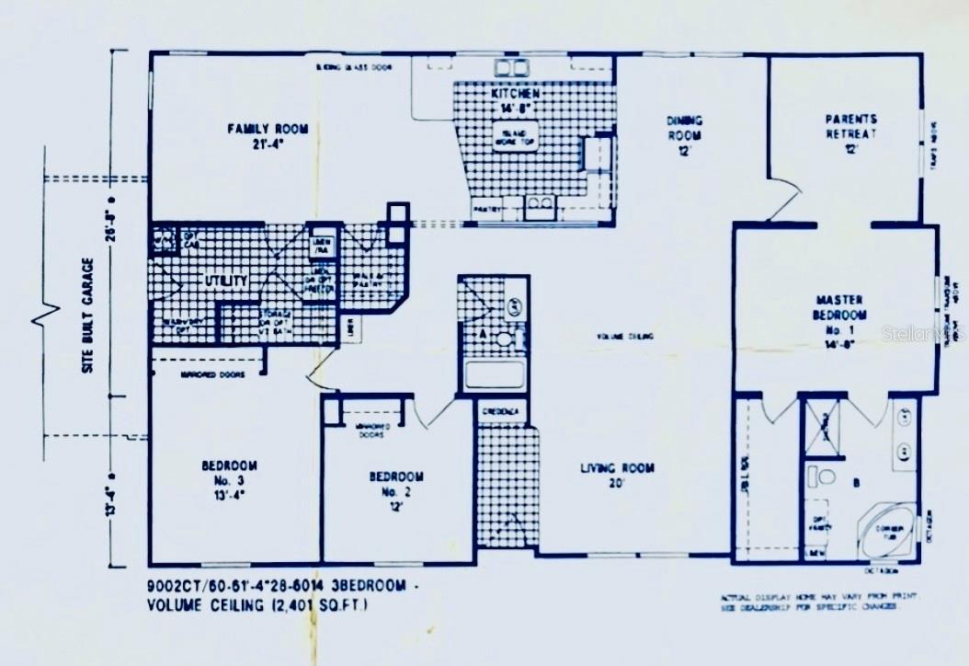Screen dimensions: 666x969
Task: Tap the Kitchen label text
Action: (x=515, y=101)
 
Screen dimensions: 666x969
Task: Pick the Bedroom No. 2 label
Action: (x=396, y=485)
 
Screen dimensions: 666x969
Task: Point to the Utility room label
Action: (x=225, y=280)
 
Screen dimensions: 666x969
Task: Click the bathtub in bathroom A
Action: (x=495, y=374)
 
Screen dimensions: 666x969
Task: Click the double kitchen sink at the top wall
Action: (x=511, y=67)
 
